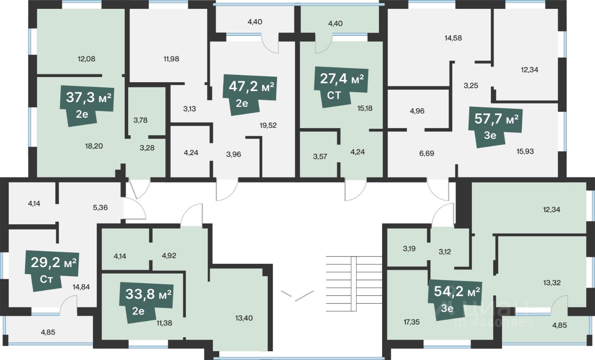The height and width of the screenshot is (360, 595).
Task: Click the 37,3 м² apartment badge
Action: pos(87,105)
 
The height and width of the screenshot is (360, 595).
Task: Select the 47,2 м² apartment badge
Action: pos(250,95)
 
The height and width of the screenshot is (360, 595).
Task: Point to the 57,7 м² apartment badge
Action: pos(496,127)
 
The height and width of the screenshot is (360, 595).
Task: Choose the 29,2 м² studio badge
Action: pos(52,271)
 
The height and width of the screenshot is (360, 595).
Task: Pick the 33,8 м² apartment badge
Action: pos(146,303)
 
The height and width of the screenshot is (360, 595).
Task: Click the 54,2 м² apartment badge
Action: pos(455,300)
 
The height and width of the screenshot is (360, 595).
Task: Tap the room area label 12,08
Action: pos(86,59)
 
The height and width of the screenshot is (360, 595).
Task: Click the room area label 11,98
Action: pos(172,59)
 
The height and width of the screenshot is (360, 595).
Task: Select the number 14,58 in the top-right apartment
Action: pos(453,38)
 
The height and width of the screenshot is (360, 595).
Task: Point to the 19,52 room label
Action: pos(268,125)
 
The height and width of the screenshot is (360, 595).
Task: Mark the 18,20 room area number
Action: pos(94,146)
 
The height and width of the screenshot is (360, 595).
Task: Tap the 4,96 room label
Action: pos(417,111)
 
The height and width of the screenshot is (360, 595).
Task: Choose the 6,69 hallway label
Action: pos(427,153)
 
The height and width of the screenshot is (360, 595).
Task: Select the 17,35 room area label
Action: pos(412,322)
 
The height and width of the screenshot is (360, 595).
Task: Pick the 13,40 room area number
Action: pos(244,318)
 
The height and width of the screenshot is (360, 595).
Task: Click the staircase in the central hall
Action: pos(354,283)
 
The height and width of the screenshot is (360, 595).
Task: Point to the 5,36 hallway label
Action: pos(100,208)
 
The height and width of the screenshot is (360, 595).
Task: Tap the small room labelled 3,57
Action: pos(320,157)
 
